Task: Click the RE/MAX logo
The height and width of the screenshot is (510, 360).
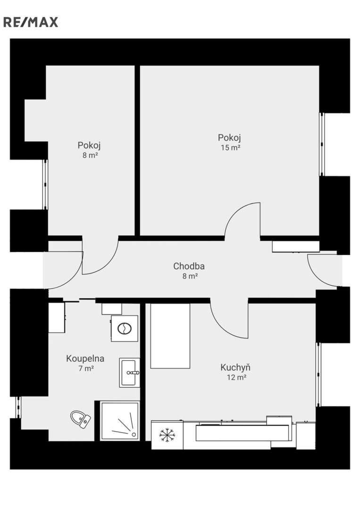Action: pos(31,22)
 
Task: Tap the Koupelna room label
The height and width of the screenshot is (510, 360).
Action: pos(85,358)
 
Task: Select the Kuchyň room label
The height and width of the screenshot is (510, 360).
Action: pos(235,367)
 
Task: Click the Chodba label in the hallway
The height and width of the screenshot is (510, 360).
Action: pos(189,266)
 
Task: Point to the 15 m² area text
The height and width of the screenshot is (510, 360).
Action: pos(230,147)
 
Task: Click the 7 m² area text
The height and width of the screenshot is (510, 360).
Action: pos(86,368)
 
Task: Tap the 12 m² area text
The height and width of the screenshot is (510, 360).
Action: pos(236,377)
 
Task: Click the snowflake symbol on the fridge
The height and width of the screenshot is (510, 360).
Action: pos(167,435)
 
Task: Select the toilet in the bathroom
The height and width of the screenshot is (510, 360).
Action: pos(81,419)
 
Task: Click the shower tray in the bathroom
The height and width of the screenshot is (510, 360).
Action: pos(120,421)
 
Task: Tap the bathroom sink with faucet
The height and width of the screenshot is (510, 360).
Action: pos(129,373)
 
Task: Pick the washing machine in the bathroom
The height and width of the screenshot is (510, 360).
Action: pos(125,329)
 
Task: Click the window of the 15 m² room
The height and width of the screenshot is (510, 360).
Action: pos(322,144)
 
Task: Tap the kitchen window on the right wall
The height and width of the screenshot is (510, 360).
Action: pos(318,374)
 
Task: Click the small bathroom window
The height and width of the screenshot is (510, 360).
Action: pos(18,407)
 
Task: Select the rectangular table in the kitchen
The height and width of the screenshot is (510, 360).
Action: pos(170,336)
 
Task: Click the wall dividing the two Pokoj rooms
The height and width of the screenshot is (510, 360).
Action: pos(137,151)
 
